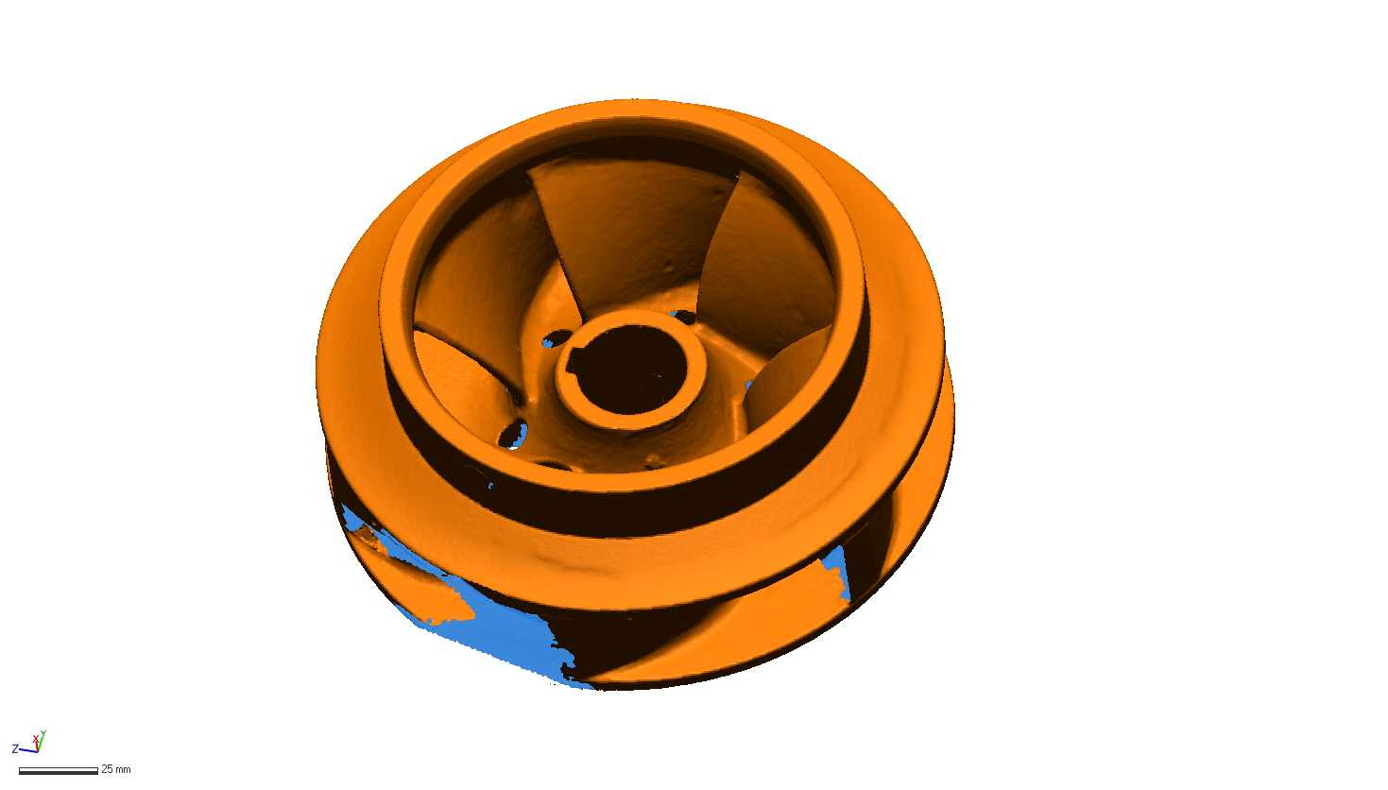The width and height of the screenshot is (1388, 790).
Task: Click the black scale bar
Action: [59, 771]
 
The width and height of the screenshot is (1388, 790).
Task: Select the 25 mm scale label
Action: [116, 769]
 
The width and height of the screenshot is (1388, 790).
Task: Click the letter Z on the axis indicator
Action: [15, 749]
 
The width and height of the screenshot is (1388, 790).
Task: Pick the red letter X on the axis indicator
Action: [35, 740]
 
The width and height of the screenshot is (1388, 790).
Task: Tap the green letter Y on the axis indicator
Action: [43, 734]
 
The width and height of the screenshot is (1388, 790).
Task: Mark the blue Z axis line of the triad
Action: [28, 751]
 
